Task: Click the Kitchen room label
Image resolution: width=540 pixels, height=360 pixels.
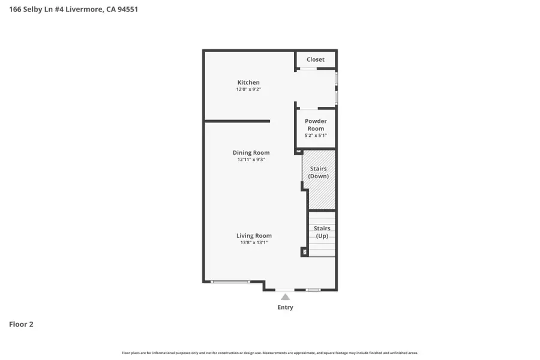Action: pyautogui.click(x=248, y=82)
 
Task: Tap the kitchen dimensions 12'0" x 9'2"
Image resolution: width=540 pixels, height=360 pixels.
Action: pyautogui.click(x=248, y=89)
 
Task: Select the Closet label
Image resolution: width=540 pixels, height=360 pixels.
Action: pyautogui.click(x=316, y=59)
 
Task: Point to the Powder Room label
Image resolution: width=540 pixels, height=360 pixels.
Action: pyautogui.click(x=316, y=125)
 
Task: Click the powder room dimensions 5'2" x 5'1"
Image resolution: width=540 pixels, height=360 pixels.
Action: pyautogui.click(x=316, y=136)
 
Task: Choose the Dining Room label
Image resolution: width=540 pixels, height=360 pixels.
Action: pyautogui.click(x=251, y=152)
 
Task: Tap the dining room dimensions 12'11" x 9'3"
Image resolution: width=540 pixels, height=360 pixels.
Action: pyautogui.click(x=251, y=160)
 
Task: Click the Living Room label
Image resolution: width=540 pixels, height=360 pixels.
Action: pyautogui.click(x=254, y=236)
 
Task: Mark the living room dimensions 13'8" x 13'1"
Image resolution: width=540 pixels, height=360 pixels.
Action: pyautogui.click(x=254, y=243)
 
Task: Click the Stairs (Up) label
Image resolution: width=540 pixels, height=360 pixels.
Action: pyautogui.click(x=322, y=232)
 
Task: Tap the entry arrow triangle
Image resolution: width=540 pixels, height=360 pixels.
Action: pyautogui.click(x=286, y=296)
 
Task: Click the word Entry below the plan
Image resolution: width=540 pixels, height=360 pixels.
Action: pyautogui.click(x=286, y=307)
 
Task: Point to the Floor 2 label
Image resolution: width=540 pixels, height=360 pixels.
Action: pyautogui.click(x=21, y=324)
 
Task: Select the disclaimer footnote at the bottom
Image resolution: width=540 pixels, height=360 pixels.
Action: pyautogui.click(x=270, y=353)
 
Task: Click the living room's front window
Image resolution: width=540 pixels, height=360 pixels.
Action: pyautogui.click(x=231, y=282)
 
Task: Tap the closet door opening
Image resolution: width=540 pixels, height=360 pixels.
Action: pyautogui.click(x=308, y=68)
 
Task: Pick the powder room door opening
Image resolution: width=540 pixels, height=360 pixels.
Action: pyautogui.click(x=308, y=109)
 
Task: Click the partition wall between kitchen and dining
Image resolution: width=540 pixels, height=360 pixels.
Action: pyautogui.click(x=237, y=121)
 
